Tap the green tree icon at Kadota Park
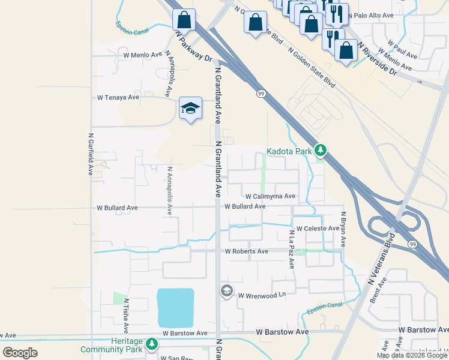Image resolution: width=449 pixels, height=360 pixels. click(321, 151)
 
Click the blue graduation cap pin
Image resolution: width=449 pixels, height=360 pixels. click(190, 108)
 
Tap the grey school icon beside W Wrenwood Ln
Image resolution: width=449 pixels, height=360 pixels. click(226, 292)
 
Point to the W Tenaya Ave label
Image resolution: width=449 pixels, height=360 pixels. click(118, 97)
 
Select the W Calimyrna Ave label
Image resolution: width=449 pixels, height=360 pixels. click(270, 196)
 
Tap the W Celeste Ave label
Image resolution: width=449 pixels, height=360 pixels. click(318, 229)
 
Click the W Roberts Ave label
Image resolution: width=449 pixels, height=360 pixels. click(246, 251)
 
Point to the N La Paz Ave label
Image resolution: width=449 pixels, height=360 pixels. click(291, 249)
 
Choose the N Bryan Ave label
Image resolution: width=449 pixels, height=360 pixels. click(343, 229)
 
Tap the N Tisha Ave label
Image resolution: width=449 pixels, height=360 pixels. click(126, 316)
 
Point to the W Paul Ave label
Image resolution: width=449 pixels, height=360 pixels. click(402, 50)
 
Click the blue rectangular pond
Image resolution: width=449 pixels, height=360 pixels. click(175, 307)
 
